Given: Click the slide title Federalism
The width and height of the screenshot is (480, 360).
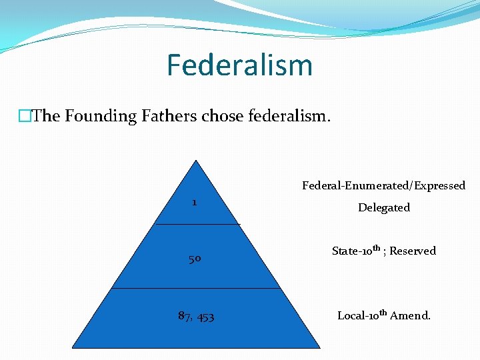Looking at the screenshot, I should tap(239, 65).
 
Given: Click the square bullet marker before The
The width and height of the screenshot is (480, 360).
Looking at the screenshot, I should tap(25, 117).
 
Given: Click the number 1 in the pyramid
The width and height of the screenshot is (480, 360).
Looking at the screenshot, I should tap(194, 202).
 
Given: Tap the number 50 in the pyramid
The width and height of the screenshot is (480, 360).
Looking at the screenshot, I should tap(195, 259).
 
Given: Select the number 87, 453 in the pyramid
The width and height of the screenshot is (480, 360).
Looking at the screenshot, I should tap(196, 316).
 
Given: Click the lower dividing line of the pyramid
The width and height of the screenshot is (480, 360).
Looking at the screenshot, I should tap(195, 288).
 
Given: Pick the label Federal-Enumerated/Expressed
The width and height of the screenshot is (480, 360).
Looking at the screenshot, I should tap(383, 185).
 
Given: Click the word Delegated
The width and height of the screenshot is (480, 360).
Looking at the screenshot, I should tap(383, 207).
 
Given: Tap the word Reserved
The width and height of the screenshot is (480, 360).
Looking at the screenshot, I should tap(413, 251).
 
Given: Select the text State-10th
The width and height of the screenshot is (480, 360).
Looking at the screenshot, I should tap(356, 251).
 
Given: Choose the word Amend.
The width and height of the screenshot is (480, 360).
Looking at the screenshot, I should tap(411, 315).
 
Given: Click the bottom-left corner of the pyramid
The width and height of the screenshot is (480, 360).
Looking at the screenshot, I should tap(72, 347).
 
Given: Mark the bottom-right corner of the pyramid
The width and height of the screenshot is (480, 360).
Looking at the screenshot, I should tap(319, 347).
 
